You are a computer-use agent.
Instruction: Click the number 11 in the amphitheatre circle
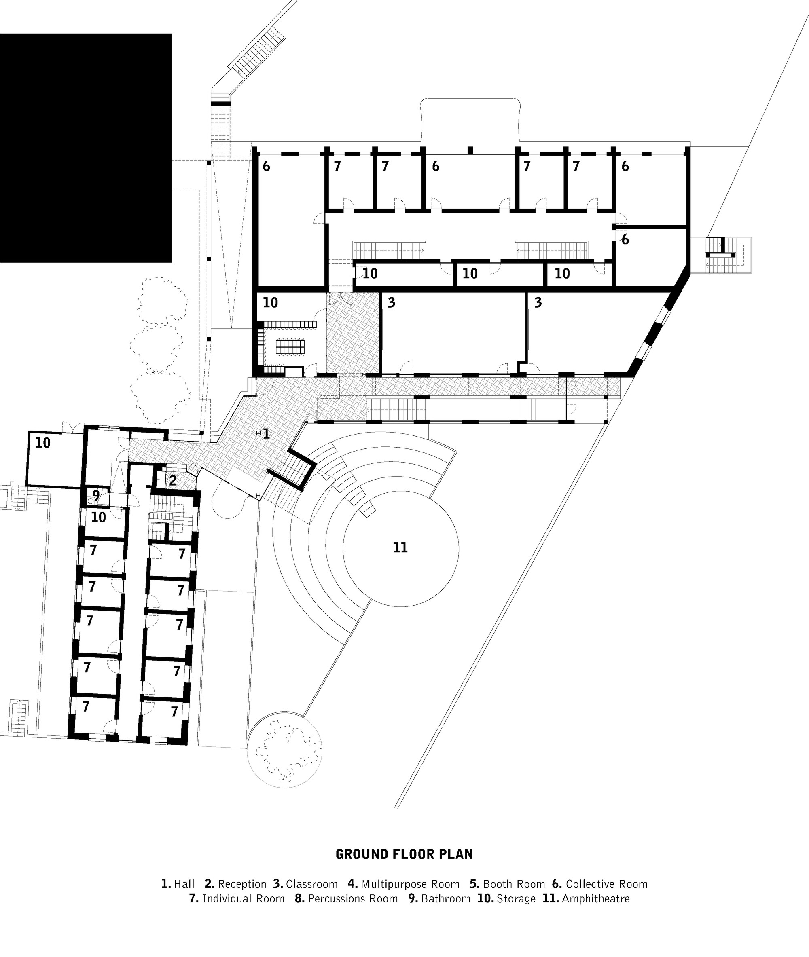[400, 547]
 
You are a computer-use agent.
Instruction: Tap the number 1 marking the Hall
[266, 433]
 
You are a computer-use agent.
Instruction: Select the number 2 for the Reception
[172, 480]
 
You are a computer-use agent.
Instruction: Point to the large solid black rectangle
[86, 148]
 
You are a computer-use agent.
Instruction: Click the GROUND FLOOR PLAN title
[404, 854]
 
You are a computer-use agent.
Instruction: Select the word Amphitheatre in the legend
[595, 898]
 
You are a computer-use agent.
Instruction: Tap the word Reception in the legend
[242, 884]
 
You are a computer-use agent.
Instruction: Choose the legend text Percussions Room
[353, 898]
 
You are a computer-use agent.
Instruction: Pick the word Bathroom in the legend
[445, 898]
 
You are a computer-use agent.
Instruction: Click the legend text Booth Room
[514, 884]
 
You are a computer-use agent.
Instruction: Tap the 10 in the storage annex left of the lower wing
[42, 443]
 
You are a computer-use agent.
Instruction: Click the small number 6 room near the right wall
[625, 240]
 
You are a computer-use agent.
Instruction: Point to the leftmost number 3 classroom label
[391, 302]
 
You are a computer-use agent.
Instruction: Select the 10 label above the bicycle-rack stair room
[270, 302]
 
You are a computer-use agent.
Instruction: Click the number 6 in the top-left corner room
[266, 167]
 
